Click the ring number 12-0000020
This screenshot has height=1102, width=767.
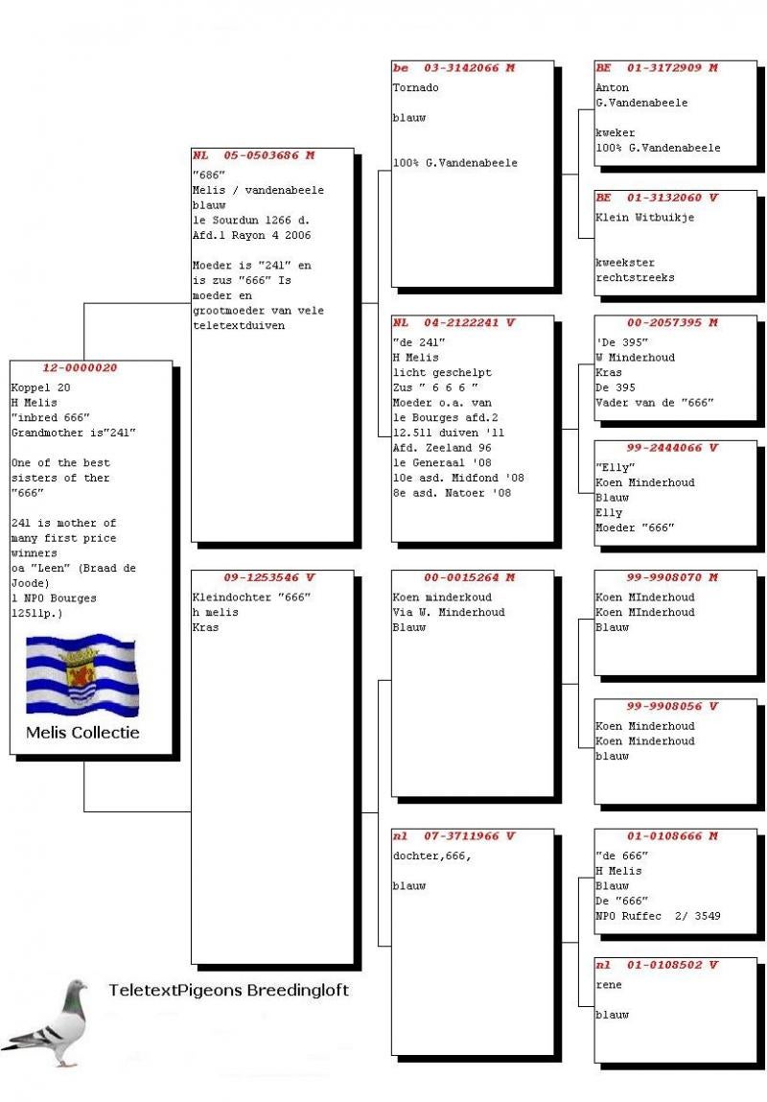tap(80, 368)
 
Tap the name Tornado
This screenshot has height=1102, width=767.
tap(414, 87)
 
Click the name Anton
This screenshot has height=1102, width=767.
tap(612, 87)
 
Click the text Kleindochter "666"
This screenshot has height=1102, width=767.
tap(251, 598)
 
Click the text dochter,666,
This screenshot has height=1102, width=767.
tap(431, 856)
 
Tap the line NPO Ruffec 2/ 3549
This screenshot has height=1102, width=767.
tap(658, 917)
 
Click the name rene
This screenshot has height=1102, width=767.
tap(609, 984)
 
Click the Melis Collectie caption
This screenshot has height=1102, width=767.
tap(82, 733)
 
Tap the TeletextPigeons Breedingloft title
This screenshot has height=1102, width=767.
tap(228, 990)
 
